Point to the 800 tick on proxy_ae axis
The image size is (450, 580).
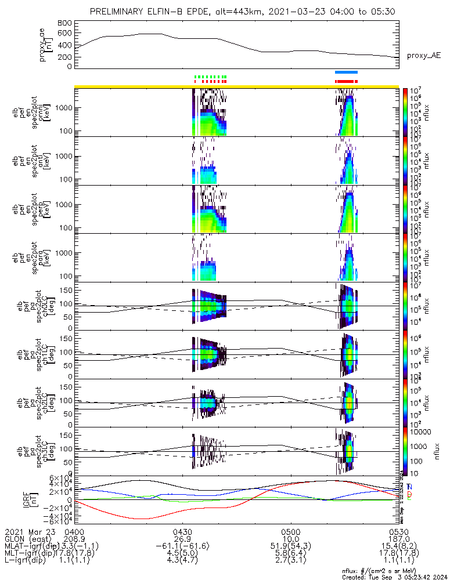[x=65, y=23]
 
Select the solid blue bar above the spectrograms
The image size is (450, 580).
[x=347, y=72]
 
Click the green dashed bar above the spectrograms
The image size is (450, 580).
[x=210, y=77]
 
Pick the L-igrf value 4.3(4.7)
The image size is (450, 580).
[x=182, y=563]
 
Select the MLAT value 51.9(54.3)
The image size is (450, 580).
[x=290, y=547]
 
